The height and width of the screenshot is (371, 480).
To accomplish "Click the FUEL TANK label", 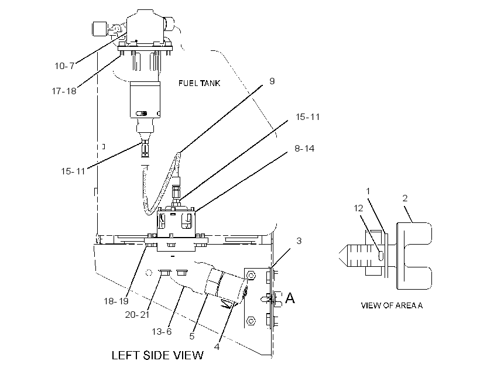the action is point(199,83).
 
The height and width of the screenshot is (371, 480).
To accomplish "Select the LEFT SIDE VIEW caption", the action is point(157,355).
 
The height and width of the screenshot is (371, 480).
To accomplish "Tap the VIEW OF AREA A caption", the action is point(392,305).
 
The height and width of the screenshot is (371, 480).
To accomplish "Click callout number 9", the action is point(272,81).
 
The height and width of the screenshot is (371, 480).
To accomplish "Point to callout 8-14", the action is point(304,149).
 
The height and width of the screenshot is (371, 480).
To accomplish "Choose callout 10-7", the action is point(64,66).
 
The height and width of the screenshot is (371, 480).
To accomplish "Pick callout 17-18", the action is point(64,91).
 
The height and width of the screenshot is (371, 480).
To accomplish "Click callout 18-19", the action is point(116,301).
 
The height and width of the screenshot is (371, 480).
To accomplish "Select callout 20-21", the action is point(137,315).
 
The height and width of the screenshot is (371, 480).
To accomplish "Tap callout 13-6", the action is point(162,332).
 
